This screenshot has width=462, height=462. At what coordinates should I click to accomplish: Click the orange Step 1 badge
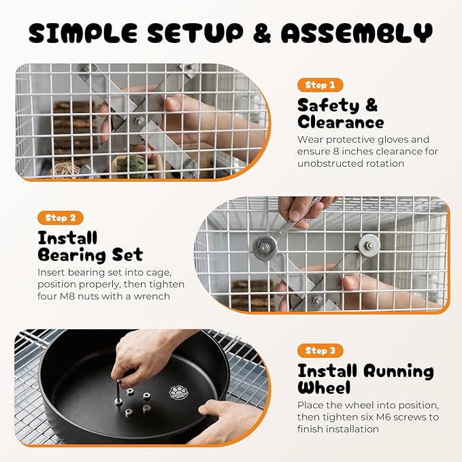coord(320,85)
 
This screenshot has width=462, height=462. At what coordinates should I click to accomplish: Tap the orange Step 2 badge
coord(61,218)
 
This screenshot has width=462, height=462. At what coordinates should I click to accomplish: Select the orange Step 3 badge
coord(320,350)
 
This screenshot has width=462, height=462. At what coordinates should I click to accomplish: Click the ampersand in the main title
coord(262,33)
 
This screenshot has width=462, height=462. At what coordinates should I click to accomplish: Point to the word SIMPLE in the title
coord(83,33)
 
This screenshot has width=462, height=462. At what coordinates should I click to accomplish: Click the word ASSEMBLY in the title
coord(357,33)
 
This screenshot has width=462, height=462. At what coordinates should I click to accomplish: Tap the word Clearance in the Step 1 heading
coord(341,122)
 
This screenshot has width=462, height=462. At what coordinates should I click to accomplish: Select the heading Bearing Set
coord(90,255)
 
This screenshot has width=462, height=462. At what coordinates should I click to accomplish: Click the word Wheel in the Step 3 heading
coord(324,387)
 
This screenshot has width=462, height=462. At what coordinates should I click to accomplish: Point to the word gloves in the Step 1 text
coord(390,139)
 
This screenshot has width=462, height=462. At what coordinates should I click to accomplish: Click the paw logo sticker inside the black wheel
coord(178,393)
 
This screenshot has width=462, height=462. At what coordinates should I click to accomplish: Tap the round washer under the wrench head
coord(265,247)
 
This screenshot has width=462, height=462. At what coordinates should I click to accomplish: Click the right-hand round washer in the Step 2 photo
coord(369,245)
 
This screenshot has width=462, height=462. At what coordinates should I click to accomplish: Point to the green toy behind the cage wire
coord(133,167)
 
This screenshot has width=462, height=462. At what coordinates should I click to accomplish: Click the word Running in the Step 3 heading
coord(398,372)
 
